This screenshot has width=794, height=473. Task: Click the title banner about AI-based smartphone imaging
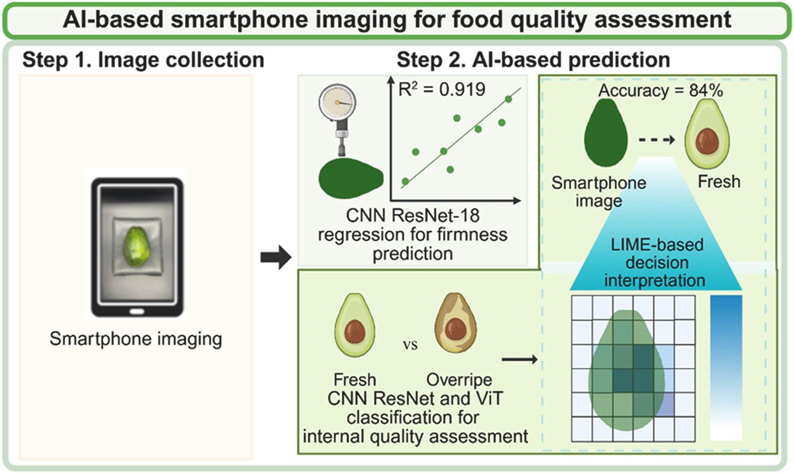pos(397,20)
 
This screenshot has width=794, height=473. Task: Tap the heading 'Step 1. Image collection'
pos(143,60)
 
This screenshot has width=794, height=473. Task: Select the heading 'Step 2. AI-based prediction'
pos(533,60)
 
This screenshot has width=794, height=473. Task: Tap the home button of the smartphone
pos(137,311)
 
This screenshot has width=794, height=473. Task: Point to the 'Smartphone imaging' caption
pos(136,338)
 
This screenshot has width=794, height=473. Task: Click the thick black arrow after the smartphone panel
pos(276,258)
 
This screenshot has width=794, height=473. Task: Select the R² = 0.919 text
pos(442,89)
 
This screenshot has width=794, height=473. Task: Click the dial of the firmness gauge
pos(337,102)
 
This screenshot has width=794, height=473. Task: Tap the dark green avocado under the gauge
pos(350,178)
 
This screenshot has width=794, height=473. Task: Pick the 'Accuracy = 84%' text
pos(660,90)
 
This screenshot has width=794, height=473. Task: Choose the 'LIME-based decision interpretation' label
pos(656,262)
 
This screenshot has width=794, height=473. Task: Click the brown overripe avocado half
pos(455,324)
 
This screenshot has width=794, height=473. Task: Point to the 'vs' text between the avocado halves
pos(410,345)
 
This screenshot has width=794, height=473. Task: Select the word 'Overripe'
pos(459,380)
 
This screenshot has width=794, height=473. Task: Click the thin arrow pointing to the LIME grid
pos(520,359)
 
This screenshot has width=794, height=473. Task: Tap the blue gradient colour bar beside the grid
pos(726,367)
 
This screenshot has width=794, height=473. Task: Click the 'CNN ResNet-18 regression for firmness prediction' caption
pos(412,234)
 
